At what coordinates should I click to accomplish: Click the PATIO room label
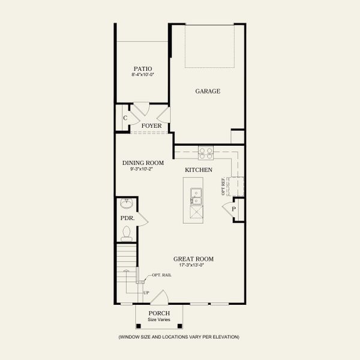coord(143,69)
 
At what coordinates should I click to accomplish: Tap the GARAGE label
coord(208,91)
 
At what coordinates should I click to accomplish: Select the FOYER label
coord(151,125)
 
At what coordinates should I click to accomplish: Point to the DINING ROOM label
coord(143,163)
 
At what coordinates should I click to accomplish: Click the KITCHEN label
coord(198,170)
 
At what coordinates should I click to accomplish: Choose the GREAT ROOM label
coord(196,259)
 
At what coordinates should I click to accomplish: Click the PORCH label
coord(159,313)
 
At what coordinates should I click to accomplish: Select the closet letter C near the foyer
coord(125,118)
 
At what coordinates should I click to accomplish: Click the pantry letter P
coord(234,209)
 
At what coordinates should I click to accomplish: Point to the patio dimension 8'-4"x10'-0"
coord(143,76)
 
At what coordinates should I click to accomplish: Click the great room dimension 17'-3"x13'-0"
coord(196,265)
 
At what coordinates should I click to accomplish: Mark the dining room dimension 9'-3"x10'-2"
coord(143,169)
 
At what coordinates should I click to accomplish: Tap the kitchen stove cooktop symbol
coord(206,153)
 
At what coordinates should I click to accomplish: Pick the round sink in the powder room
coord(127,203)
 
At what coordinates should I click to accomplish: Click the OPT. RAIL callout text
coord(161,275)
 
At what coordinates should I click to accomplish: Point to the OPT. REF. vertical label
coord(223,187)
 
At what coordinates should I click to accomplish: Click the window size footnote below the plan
coord(179,337)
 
